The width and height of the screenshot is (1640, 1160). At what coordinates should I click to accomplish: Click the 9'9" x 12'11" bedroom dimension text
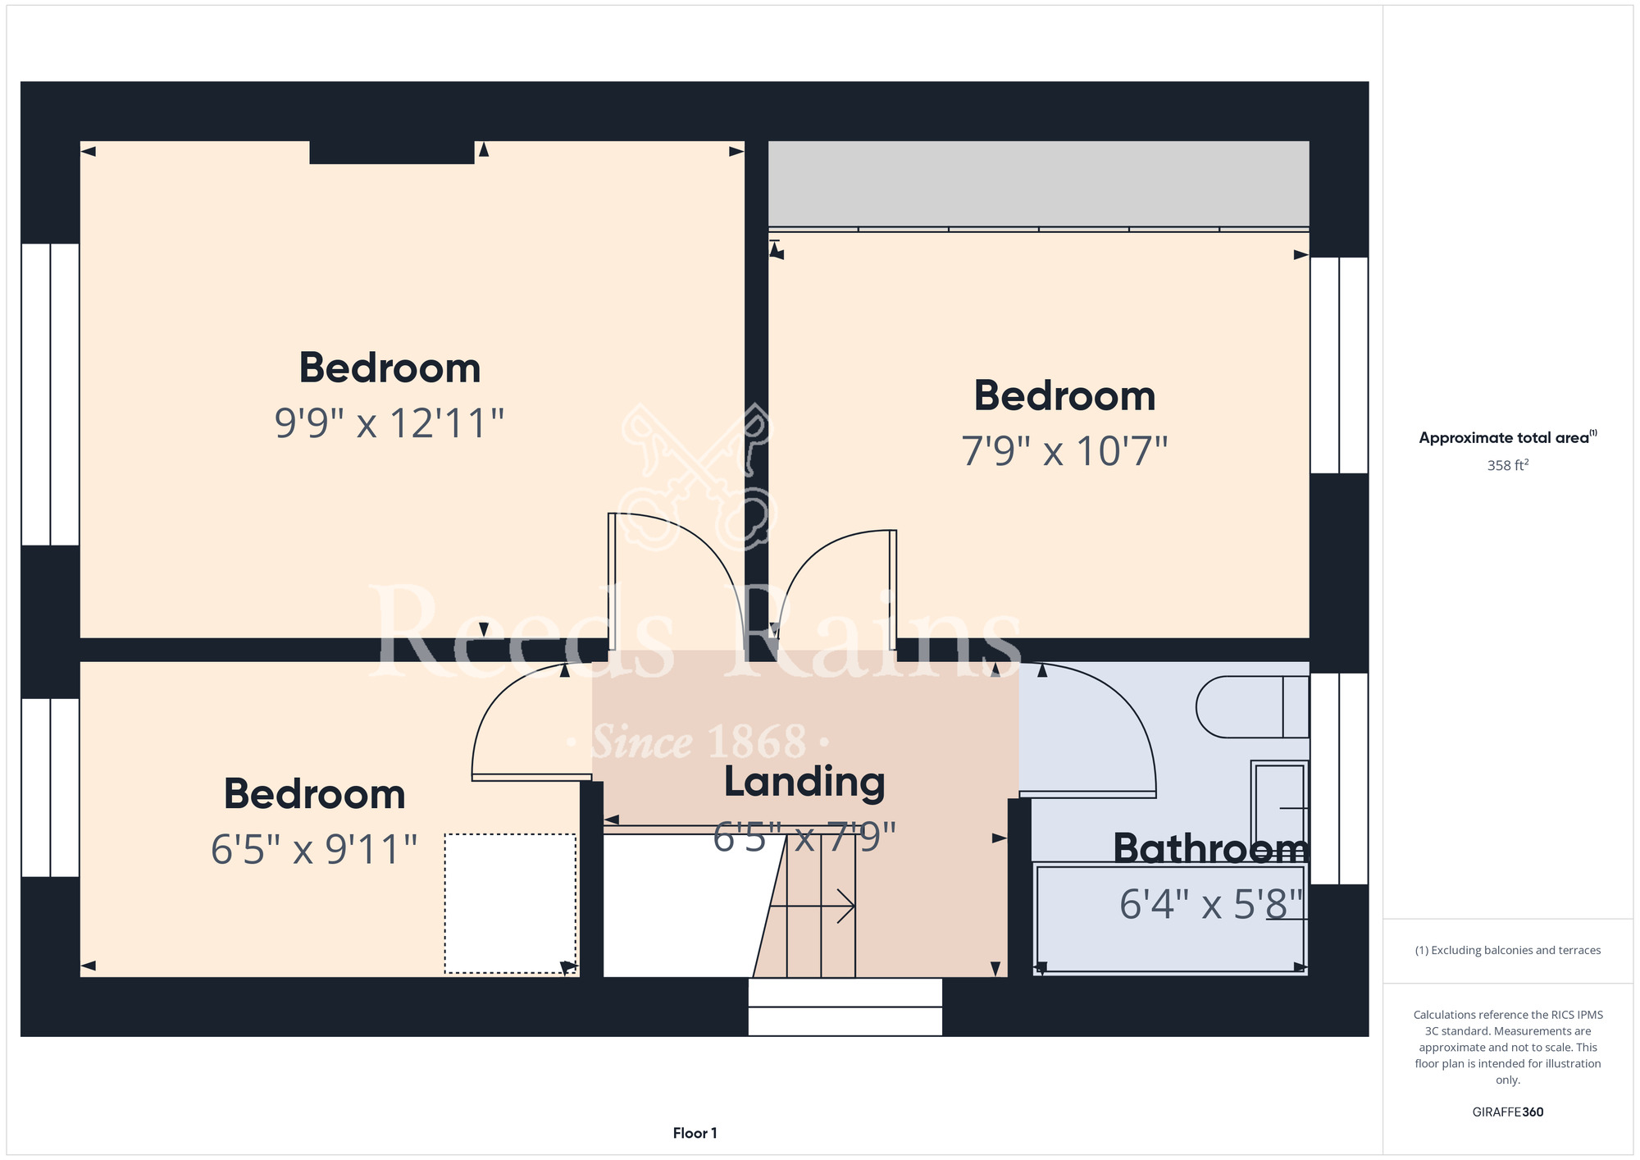(389, 423)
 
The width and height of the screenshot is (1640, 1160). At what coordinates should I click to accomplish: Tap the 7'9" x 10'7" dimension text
(1064, 451)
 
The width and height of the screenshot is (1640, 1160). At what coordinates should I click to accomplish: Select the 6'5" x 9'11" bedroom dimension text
(314, 849)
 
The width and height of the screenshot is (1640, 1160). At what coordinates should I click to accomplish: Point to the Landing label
(804, 783)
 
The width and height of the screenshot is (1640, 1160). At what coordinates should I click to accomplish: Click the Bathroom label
(1210, 848)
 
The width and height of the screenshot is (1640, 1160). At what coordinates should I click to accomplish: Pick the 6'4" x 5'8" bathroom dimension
(1212, 905)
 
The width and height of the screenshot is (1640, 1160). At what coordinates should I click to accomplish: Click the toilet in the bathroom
(1252, 706)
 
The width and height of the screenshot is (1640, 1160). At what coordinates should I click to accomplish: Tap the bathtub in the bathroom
(1170, 918)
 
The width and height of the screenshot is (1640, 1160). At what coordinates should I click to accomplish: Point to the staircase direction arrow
(813, 907)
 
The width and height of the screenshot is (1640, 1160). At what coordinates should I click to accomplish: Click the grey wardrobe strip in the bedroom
(1038, 184)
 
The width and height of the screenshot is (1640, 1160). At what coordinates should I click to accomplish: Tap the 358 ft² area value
(1507, 465)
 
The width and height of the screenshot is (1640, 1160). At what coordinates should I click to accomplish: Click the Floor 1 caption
(695, 1133)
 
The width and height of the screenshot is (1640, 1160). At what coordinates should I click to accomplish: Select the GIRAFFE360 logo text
(1507, 1112)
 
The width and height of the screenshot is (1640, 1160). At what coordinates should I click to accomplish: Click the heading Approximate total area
(1507, 437)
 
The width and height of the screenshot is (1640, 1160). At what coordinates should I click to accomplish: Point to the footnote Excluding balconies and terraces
(1507, 950)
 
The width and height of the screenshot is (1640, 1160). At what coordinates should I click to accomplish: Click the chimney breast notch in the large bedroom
(392, 153)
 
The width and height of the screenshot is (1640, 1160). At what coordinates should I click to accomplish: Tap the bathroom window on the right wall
(1339, 779)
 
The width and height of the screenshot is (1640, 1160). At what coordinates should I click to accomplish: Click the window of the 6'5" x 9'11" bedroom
(50, 788)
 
